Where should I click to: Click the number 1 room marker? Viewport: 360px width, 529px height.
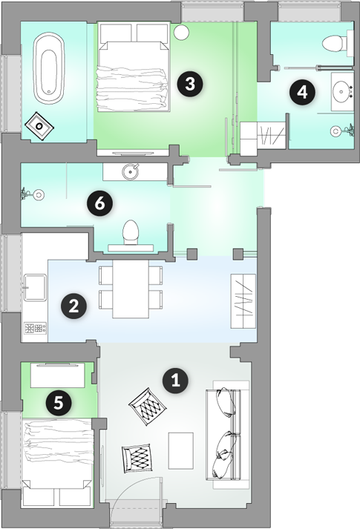pyautogui.click(x=175, y=381)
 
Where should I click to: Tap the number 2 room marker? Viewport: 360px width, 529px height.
pyautogui.click(x=73, y=306)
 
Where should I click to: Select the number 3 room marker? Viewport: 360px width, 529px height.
pyautogui.click(x=190, y=84)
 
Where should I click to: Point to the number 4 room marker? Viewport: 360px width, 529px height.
pyautogui.click(x=302, y=92)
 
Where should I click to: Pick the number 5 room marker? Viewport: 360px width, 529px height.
pyautogui.click(x=59, y=402)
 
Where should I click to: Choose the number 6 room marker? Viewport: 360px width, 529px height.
pyautogui.click(x=99, y=204)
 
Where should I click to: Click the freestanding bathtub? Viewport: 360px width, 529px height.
pyautogui.click(x=49, y=68)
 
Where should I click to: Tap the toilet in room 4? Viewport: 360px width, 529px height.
pyautogui.click(x=335, y=43)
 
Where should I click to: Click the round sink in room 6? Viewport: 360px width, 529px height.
pyautogui.click(x=131, y=171)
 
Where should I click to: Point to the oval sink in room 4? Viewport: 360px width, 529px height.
pyautogui.click(x=341, y=91)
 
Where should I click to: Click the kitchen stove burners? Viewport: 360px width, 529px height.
pyautogui.click(x=36, y=328)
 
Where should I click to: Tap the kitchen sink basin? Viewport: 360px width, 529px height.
pyautogui.click(x=35, y=287)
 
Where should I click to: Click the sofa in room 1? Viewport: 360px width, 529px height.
pyautogui.click(x=228, y=435)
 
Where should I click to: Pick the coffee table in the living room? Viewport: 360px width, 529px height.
pyautogui.click(x=181, y=451)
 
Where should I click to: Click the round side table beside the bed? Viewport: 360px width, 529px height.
pyautogui.click(x=182, y=33)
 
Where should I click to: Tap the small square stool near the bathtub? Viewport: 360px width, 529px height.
pyautogui.click(x=40, y=125)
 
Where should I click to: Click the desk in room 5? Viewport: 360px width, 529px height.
pyautogui.click(x=57, y=375)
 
